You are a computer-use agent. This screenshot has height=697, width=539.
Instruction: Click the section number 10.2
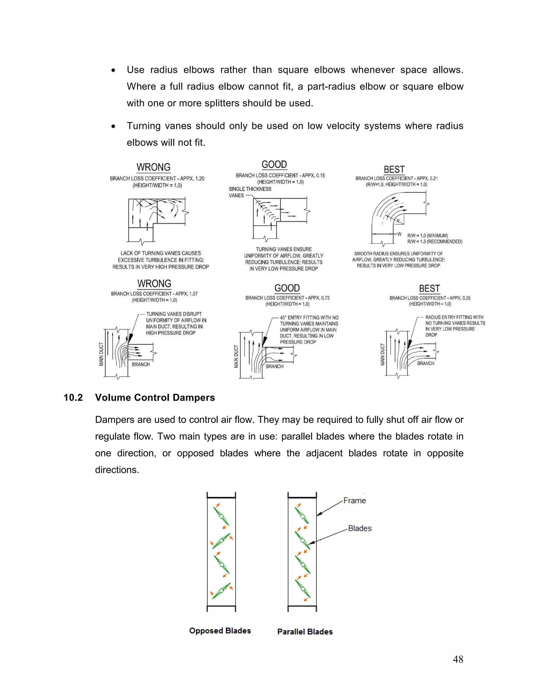click(73, 398)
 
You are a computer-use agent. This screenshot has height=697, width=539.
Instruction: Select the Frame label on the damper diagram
click(355, 501)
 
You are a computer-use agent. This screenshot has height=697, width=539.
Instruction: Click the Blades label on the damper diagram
click(360, 528)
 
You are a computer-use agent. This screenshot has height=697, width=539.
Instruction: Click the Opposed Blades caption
click(220, 631)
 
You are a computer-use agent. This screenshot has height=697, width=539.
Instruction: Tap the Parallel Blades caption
click(305, 632)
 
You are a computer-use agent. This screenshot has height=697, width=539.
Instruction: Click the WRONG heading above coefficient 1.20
click(154, 167)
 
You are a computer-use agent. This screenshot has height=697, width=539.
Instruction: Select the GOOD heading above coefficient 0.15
click(274, 164)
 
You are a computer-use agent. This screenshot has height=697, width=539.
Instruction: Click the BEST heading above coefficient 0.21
click(394, 169)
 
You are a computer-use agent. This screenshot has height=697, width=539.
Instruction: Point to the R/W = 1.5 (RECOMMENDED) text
click(435, 242)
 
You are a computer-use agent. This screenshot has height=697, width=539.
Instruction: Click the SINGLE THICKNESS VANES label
click(250, 192)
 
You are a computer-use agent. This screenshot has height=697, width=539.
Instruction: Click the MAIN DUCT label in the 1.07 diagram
click(101, 354)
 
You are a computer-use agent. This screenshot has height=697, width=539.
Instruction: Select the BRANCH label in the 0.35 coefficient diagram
click(426, 363)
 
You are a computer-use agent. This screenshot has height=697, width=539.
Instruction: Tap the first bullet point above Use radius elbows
click(113, 70)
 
